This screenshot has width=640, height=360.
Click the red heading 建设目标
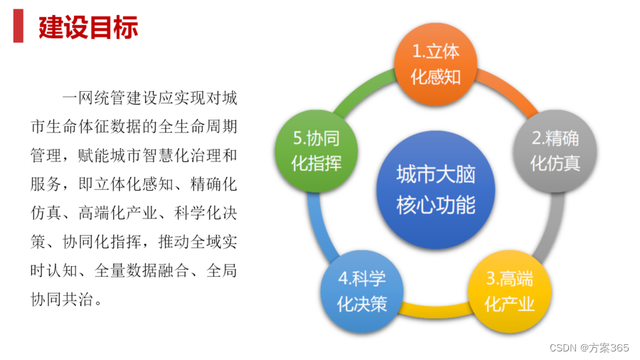point(88,28)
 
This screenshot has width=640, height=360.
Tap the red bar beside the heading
point(18,28)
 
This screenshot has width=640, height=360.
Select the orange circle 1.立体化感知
point(436,63)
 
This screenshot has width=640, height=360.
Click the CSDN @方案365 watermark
point(590,348)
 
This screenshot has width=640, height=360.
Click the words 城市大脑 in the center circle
point(435,174)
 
